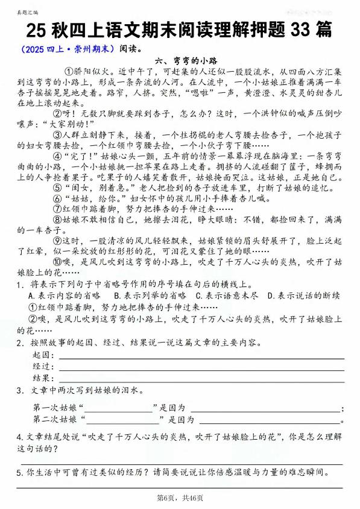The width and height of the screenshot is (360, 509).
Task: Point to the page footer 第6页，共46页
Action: click(179, 498)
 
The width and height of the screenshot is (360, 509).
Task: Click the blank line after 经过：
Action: click(199, 368)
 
